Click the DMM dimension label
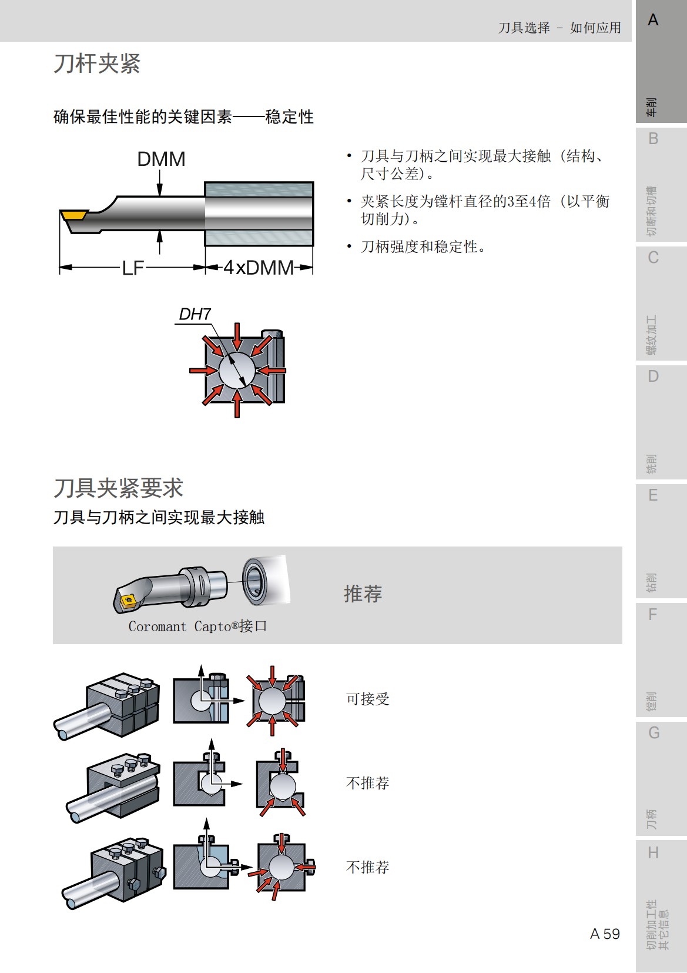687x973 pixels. pos(161,159)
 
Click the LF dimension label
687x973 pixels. pos(133,268)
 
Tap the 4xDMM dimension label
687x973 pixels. pos(259,268)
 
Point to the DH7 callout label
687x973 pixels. pos(195,315)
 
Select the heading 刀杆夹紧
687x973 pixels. pos(97,64)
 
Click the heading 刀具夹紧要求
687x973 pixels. pos(118,488)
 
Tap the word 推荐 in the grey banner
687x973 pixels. pos(363,594)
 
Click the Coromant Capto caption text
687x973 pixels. pos(197,627)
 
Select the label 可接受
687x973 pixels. pos(367,699)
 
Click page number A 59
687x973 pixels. pos(605,934)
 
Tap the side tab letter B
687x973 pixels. pos(653,139)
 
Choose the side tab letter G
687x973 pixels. pos(654,733)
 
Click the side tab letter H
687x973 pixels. pos(653,852)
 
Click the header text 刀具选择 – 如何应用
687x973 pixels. pos(559,28)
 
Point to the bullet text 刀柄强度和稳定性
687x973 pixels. pos(423,246)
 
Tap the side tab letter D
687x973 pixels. pos(653,376)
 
